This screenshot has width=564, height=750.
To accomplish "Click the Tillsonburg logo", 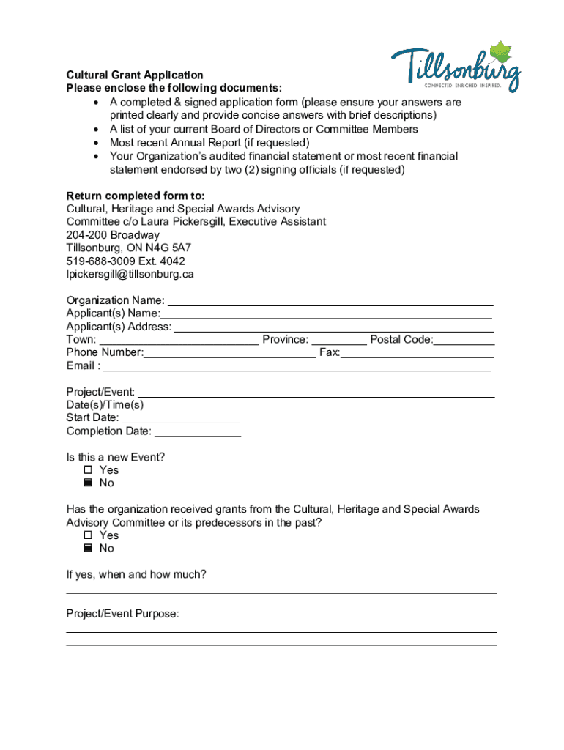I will coord(456,67).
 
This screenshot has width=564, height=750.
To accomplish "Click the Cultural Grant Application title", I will coord(135,75).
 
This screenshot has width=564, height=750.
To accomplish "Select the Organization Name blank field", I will coord(330,300).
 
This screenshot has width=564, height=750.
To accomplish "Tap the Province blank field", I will coord(339,340).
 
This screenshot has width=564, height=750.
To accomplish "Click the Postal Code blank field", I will coord(464,340).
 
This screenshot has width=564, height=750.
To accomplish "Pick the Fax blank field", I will coord(418,353).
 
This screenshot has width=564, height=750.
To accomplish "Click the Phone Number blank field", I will coord(230,353).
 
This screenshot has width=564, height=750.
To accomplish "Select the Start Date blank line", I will coord(180,418).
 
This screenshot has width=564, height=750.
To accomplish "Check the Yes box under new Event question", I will coord(89,470).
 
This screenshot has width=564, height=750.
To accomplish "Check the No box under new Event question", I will coord(89,483).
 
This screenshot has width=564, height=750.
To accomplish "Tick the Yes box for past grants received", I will coord(89,535).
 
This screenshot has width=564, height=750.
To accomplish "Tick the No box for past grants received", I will coord(89,549).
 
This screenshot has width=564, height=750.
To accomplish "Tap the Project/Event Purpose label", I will coord(122,614).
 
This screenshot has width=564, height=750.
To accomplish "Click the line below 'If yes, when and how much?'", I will coord(281,592).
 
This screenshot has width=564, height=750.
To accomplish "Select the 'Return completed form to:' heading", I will coord(136,196).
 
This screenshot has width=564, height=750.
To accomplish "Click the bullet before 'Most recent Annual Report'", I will coord(97,143).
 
